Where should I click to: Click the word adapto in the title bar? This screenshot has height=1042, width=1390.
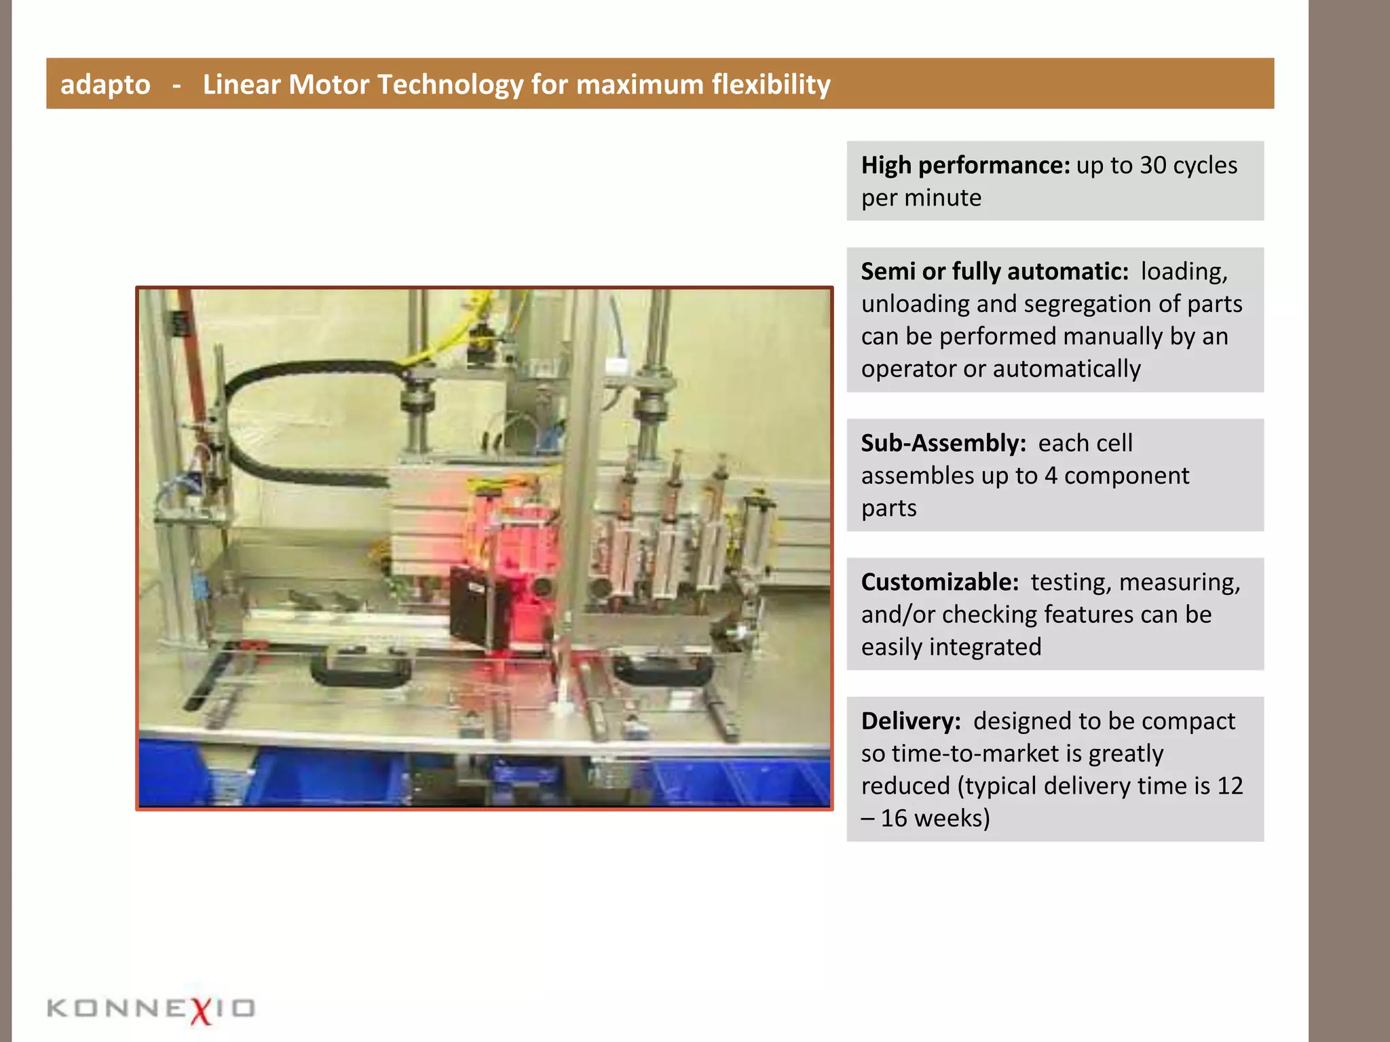click(105, 85)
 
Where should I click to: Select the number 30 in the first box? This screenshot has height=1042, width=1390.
click(1152, 166)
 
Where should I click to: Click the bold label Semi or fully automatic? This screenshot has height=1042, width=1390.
click(994, 271)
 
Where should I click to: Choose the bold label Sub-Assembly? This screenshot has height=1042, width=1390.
click(943, 443)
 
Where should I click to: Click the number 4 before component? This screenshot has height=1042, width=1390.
click(1051, 476)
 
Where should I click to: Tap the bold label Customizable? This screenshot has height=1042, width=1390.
click(940, 582)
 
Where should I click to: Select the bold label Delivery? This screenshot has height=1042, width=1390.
click(911, 721)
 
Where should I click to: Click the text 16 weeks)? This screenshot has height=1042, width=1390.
click(935, 819)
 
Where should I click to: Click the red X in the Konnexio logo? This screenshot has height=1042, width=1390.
click(201, 1009)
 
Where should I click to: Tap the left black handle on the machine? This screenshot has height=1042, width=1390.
click(360, 668)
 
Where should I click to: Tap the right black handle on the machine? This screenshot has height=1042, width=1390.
click(664, 669)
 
